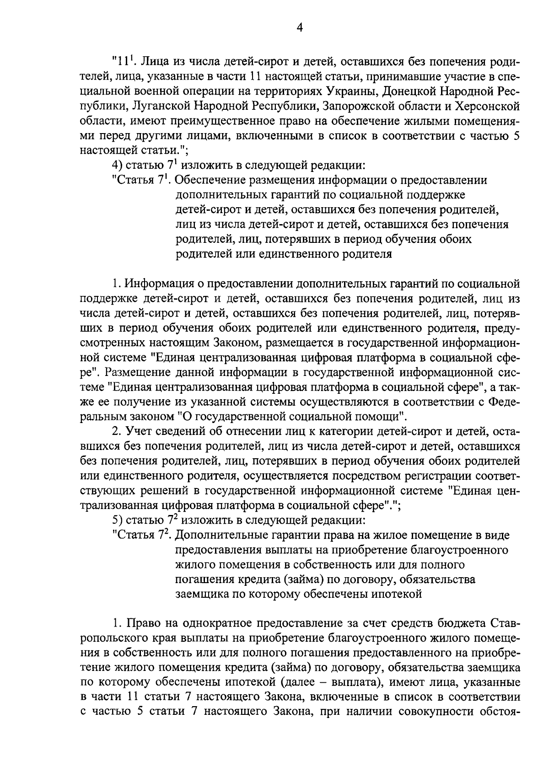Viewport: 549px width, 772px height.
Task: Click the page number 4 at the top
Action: (x=300, y=28)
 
